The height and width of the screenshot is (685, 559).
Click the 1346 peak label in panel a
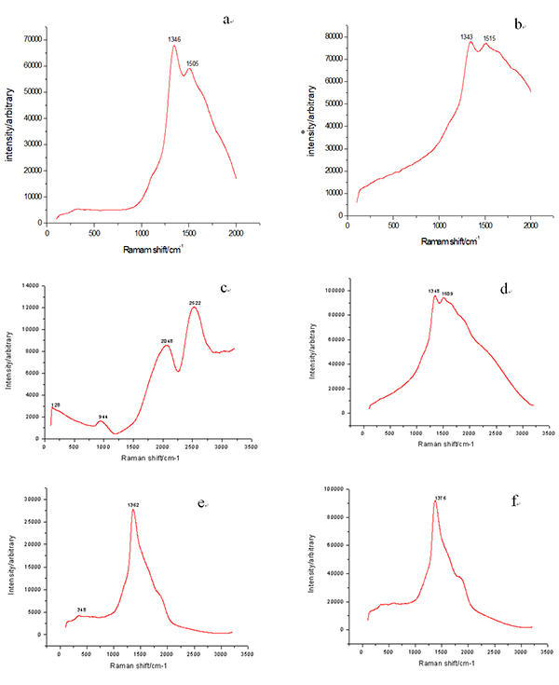pyautogui.click(x=174, y=39)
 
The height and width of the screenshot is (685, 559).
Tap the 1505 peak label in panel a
pyautogui.click(x=192, y=63)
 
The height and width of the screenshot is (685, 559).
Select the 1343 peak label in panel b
pyautogui.click(x=467, y=36)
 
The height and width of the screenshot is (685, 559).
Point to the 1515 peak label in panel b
pyautogui.click(x=489, y=38)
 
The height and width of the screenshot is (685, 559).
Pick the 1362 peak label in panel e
pyautogui.click(x=133, y=504)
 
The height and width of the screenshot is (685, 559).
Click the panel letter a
pyautogui.click(x=225, y=19)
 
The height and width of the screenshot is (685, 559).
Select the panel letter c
pyautogui.click(x=225, y=288)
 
